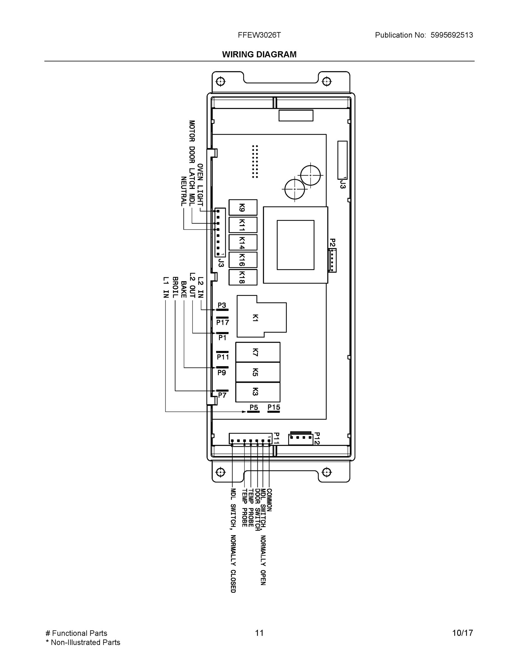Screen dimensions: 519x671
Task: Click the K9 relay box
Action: (x=243, y=207)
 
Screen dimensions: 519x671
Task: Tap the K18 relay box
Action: (x=243, y=277)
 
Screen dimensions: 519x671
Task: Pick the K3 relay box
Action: (x=258, y=392)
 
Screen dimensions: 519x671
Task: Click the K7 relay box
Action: (x=258, y=352)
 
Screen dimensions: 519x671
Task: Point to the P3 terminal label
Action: (x=222, y=305)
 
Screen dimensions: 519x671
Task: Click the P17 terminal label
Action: (x=222, y=322)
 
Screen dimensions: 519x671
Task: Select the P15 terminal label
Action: (x=274, y=407)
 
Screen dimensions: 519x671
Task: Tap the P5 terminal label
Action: (x=254, y=407)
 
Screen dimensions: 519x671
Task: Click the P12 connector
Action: (x=300, y=439)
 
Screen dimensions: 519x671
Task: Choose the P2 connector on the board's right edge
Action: (x=332, y=260)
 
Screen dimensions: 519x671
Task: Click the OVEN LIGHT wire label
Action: (x=200, y=185)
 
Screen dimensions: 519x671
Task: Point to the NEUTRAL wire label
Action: (x=183, y=192)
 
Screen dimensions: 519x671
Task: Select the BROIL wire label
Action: (x=175, y=287)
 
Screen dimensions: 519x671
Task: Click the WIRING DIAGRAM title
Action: (x=259, y=55)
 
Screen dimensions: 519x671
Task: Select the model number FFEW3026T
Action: (x=259, y=35)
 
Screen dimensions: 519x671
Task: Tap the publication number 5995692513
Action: (x=451, y=35)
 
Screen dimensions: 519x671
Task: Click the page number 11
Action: (x=259, y=633)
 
